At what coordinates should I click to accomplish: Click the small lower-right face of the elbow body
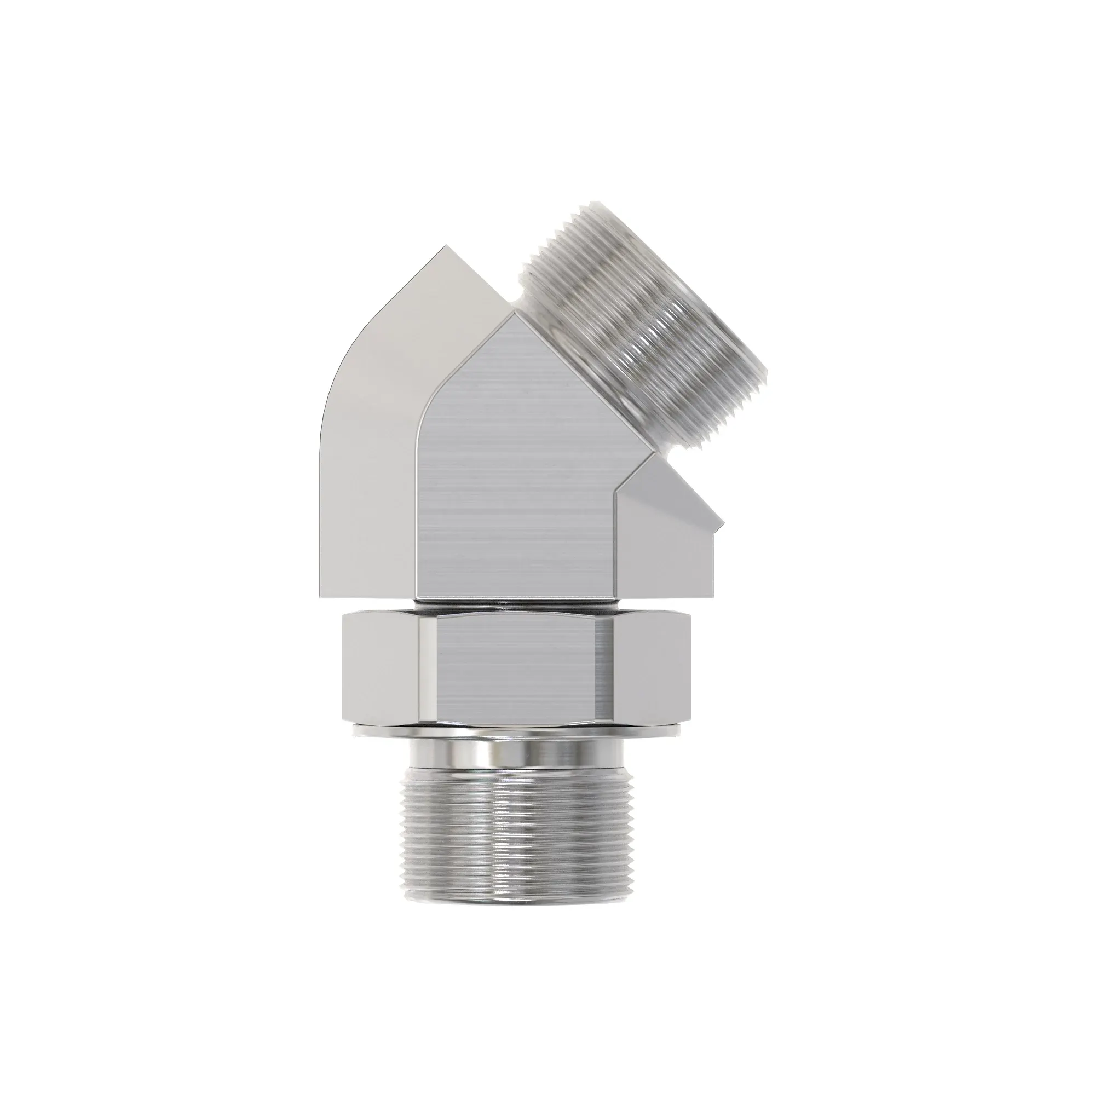pyautogui.click(x=663, y=538)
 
